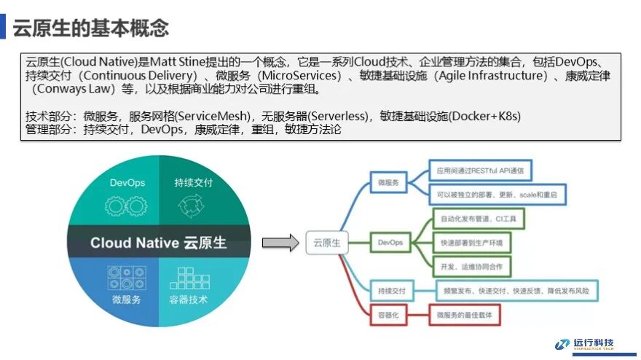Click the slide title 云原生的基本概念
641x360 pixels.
[90, 28]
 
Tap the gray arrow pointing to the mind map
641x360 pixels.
[280, 243]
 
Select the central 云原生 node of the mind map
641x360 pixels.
[327, 243]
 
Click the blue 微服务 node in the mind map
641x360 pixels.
[388, 182]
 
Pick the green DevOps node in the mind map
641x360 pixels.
[390, 242]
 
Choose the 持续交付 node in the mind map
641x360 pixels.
[391, 291]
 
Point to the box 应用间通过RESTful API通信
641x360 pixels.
[479, 171]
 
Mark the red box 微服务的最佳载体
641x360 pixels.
[469, 315]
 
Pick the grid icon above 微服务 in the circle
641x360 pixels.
[126, 278]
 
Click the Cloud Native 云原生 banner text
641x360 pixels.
[158, 242]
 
